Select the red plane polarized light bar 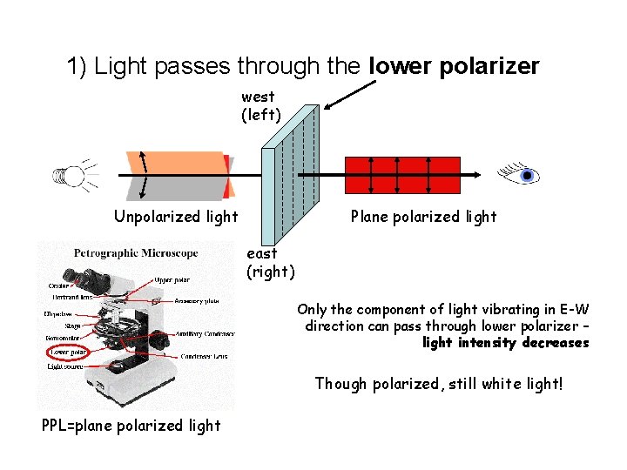[x=401, y=175]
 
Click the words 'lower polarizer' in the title [x=455, y=66]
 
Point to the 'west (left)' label [x=259, y=105]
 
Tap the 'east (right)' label [x=270, y=262]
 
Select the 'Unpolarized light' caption [x=176, y=217]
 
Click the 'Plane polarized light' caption [x=423, y=217]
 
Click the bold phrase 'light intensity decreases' [x=505, y=343]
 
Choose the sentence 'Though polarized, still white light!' [x=439, y=384]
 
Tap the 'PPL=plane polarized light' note [x=131, y=426]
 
